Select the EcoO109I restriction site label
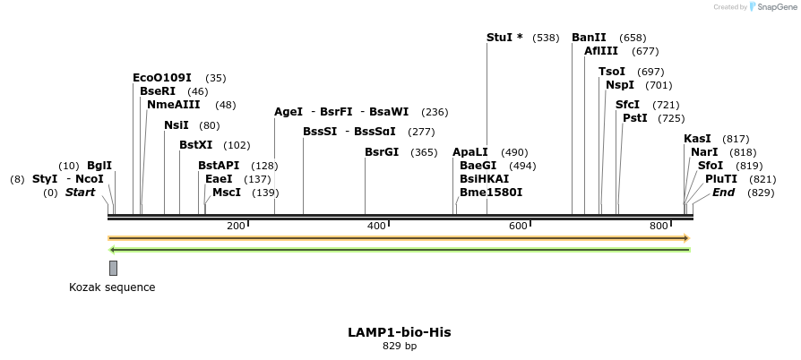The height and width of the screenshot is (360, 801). [162, 78]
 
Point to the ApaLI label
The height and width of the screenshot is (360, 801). [470, 152]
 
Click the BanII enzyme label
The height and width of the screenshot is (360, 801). [589, 38]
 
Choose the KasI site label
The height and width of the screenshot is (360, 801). [697, 139]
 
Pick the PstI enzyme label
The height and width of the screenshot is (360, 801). [635, 118]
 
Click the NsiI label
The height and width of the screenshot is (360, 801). [177, 125]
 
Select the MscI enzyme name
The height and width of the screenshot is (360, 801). [227, 193]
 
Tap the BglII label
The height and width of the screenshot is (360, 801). [99, 166]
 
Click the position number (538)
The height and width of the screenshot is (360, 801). [546, 39]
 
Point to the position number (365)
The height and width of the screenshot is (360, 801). [424, 153]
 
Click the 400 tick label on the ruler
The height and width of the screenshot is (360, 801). [377, 226]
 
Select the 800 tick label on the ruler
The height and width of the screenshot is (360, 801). [659, 226]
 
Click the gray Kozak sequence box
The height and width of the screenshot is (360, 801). [113, 268]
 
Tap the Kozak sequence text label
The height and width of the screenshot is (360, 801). [112, 287]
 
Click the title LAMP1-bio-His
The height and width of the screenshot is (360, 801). [400, 332]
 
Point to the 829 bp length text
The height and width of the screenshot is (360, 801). [400, 346]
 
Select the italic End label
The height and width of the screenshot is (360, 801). [724, 193]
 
